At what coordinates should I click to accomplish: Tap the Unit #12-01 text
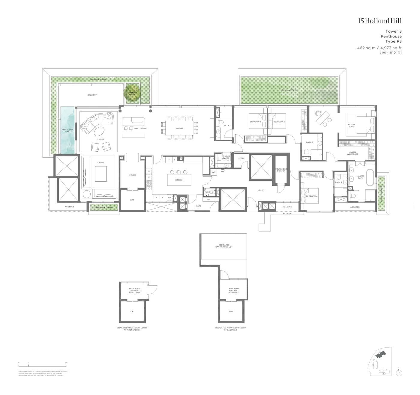(x=390, y=53)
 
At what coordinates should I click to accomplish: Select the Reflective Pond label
(x=67, y=131)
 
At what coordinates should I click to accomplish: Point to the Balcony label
(x=92, y=95)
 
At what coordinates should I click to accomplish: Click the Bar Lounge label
(x=140, y=129)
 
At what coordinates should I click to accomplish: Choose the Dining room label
(x=179, y=129)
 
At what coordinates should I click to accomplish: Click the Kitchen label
(x=179, y=180)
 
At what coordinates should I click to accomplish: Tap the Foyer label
(x=132, y=175)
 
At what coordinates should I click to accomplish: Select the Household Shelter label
(x=281, y=170)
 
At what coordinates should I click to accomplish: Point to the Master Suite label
(x=351, y=126)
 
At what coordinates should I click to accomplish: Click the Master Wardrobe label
(x=352, y=153)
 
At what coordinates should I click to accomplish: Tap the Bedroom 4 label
(x=312, y=196)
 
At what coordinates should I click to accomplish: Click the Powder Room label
(x=226, y=157)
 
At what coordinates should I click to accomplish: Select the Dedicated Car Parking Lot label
(x=224, y=246)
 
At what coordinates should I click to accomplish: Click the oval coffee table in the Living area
(x=99, y=131)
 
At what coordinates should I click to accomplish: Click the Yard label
(x=199, y=206)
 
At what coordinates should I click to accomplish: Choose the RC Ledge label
(x=287, y=213)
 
